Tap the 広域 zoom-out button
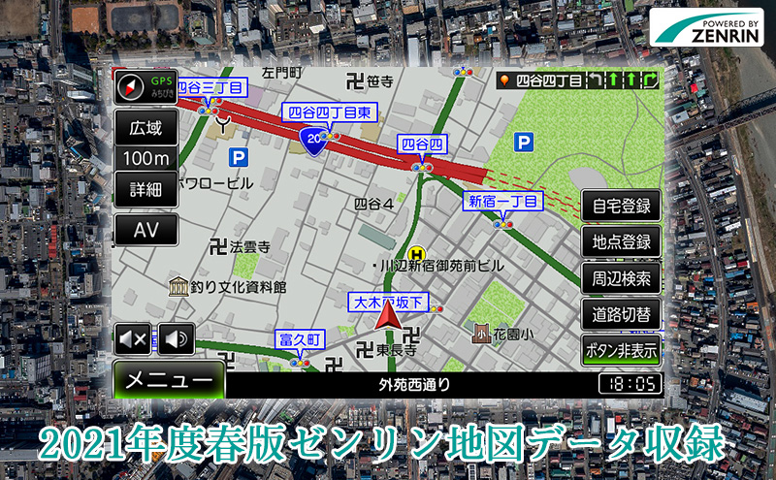click(x=146, y=127)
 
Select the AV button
click(x=146, y=230)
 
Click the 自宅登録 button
click(x=621, y=207)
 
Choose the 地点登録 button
click(x=621, y=242)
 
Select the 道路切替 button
click(x=621, y=314)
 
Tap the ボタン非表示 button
click(x=621, y=350)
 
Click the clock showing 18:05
click(x=630, y=385)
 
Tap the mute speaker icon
click(x=133, y=339)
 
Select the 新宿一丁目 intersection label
click(x=501, y=202)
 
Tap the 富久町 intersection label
click(x=299, y=339)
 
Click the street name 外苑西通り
click(x=414, y=385)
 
